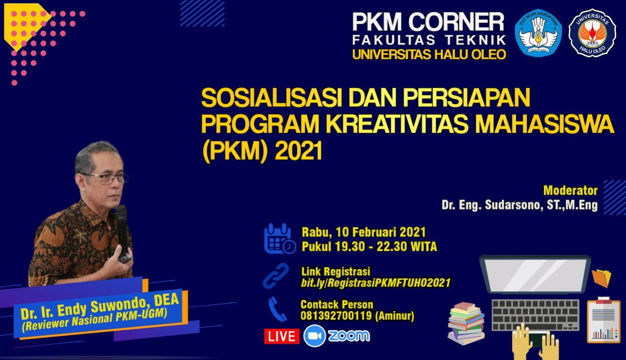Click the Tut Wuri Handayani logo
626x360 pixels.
click(538, 33)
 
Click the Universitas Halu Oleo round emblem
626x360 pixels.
click(592, 33)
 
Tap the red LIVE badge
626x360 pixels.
click(281, 336)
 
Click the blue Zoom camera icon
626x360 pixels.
click(314, 336)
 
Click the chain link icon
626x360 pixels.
click(276, 275)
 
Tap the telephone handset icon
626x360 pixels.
click(277, 309)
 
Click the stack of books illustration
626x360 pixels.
click(466, 323)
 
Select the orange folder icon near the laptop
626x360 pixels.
click(601, 278)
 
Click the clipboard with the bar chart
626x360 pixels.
click(604, 320)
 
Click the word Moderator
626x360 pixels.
click(570, 190)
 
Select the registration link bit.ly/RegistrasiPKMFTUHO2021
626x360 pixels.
click(376, 283)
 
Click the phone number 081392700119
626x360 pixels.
click(336, 316)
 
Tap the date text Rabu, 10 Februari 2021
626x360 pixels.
click(363, 232)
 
